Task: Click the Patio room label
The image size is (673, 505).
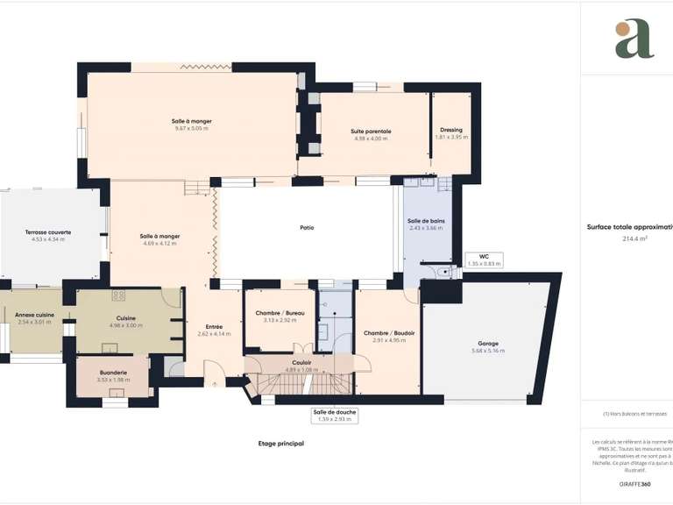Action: (307, 228)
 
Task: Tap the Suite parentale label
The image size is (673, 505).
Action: (372, 132)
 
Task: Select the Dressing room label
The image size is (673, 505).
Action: (451, 130)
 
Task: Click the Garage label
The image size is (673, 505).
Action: (489, 344)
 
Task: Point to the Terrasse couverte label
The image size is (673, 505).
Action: (48, 232)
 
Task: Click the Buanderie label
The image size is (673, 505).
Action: (112, 373)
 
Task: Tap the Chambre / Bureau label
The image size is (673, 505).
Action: (274, 314)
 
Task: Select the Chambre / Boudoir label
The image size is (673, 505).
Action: (389, 333)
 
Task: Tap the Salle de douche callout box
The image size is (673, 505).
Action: (334, 415)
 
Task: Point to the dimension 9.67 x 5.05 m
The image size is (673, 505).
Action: (191, 128)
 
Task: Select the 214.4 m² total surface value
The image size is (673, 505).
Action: (634, 238)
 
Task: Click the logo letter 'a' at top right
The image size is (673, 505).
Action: (634, 39)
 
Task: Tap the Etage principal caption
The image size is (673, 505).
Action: (280, 445)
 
